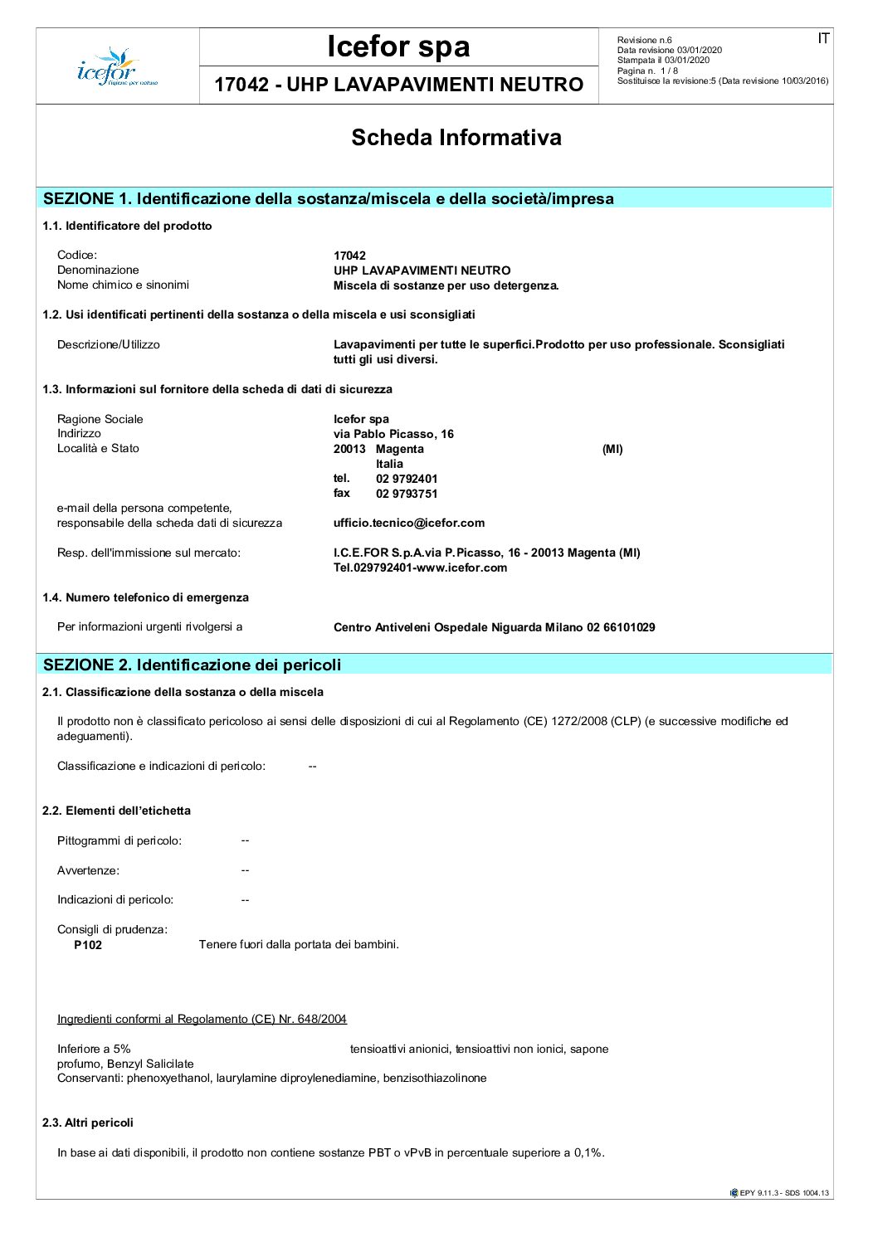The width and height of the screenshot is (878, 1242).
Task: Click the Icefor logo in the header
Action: (x=117, y=67)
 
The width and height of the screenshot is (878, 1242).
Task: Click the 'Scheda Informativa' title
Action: (x=456, y=138)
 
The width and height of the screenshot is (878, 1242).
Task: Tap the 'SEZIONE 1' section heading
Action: (x=328, y=198)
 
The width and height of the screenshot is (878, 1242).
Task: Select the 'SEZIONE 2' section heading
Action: (x=192, y=665)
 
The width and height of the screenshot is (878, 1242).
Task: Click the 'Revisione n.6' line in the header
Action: (x=644, y=40)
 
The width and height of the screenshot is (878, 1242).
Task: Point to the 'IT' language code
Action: (x=822, y=39)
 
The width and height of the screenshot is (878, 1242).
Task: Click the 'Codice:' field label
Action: (x=77, y=255)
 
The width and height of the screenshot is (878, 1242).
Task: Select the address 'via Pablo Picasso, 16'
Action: (x=393, y=434)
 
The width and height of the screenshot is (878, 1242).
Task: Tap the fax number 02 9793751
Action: (x=407, y=494)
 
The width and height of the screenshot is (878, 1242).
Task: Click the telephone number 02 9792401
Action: (x=407, y=479)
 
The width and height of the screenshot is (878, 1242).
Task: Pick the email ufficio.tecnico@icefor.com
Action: (x=409, y=523)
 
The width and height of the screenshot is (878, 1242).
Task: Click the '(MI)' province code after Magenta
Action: (x=612, y=449)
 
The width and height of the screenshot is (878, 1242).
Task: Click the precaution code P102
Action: (x=88, y=945)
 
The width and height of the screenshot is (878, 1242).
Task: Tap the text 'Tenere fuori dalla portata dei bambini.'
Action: (x=299, y=944)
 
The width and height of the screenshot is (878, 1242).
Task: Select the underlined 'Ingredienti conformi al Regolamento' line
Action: (x=202, y=1019)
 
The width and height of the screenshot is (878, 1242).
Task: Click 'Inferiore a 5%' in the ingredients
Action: (x=94, y=1049)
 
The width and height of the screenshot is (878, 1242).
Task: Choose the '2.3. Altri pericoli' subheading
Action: (x=88, y=1123)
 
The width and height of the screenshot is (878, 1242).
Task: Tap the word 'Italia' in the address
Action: (x=389, y=464)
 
